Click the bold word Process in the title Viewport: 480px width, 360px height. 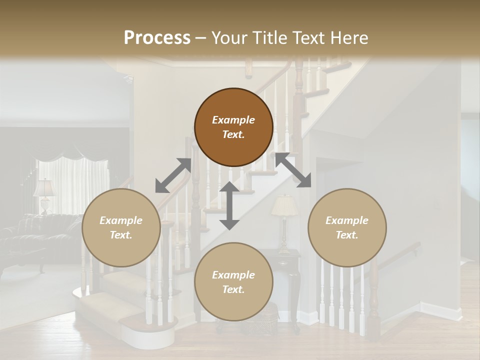pyautogui.click(x=157, y=38)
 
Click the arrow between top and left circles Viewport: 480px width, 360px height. pyautogui.click(x=173, y=175)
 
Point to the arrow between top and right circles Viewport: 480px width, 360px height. pyautogui.click(x=293, y=170)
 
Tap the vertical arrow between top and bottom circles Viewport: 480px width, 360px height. pyautogui.click(x=229, y=205)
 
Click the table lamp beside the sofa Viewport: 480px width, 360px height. pyautogui.click(x=44, y=195)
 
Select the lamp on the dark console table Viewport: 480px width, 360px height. pyautogui.click(x=284, y=220)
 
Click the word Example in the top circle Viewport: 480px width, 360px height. pyautogui.click(x=233, y=120)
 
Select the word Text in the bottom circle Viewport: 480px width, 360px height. pyautogui.click(x=233, y=289)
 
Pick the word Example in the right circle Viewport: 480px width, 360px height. pyautogui.click(x=347, y=220)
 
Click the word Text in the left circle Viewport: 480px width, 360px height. pyautogui.click(x=121, y=235)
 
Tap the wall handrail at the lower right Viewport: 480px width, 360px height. pyautogui.click(x=400, y=252)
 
